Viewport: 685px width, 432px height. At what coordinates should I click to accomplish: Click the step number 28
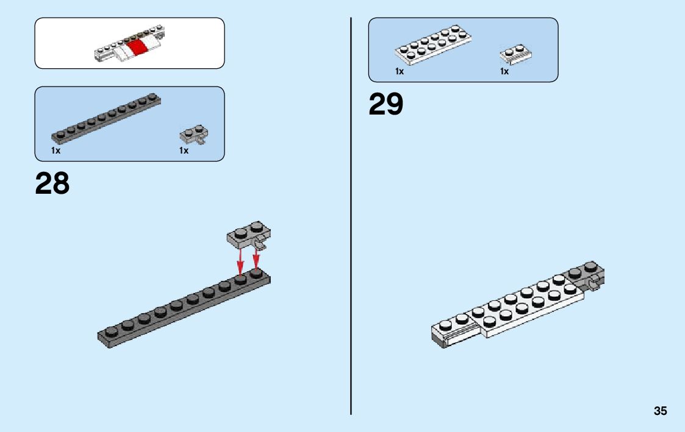pyautogui.click(x=52, y=183)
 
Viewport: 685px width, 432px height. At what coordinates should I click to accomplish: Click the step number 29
pyautogui.click(x=386, y=104)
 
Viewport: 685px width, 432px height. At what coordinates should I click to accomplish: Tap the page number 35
pyautogui.click(x=660, y=411)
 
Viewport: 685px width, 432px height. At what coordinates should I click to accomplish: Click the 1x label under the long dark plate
pyautogui.click(x=56, y=150)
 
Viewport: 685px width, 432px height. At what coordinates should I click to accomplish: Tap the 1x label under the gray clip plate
pyautogui.click(x=184, y=150)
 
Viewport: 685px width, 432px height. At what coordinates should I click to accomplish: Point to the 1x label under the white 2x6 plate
pyautogui.click(x=400, y=71)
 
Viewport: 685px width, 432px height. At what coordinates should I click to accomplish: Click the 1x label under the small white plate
pyautogui.click(x=504, y=71)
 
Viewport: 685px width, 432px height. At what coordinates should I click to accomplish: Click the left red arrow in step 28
pyautogui.click(x=240, y=262)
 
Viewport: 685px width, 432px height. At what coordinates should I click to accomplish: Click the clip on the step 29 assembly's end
pyautogui.click(x=593, y=283)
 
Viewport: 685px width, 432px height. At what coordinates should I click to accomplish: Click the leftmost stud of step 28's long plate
pyautogui.click(x=111, y=331)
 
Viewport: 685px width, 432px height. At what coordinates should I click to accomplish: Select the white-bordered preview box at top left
pyautogui.click(x=129, y=43)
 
